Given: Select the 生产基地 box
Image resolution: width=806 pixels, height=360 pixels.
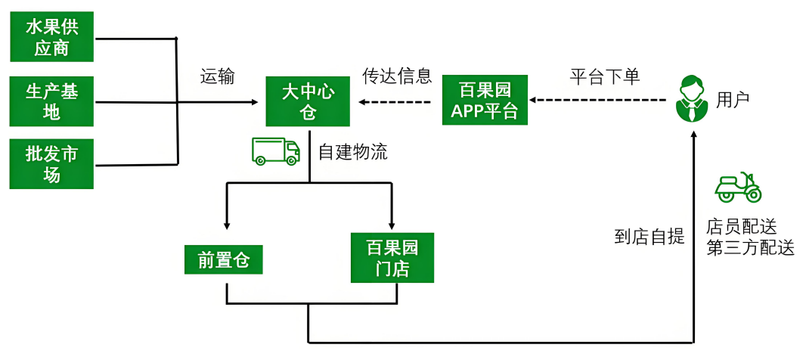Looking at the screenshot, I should tap(52, 102).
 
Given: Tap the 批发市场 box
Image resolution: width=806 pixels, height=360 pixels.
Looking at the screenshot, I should tap(52, 164).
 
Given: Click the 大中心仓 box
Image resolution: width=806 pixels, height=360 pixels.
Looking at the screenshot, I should tap(308, 101).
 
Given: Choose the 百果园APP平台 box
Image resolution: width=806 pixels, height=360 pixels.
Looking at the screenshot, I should tap(485, 100).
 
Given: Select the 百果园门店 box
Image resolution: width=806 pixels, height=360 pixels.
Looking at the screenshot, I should tap(392, 258).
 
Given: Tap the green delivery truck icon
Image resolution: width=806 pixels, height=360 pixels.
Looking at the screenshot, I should tap(275, 151).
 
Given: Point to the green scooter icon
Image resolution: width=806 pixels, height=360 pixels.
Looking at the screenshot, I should tap(738, 188).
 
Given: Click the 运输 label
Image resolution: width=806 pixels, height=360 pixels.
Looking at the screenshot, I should tap(217, 76).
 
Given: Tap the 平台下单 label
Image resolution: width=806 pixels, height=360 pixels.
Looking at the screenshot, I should tap(604, 76).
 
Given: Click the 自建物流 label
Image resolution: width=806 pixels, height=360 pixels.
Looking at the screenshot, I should tap(352, 152).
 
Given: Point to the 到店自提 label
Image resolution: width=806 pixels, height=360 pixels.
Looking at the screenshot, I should tap(649, 237).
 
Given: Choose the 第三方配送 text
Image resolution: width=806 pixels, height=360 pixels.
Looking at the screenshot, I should tap(750, 248).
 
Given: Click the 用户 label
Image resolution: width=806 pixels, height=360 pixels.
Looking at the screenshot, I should tap(733, 99).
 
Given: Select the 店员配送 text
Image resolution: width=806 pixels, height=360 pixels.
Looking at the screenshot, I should tap(741, 226).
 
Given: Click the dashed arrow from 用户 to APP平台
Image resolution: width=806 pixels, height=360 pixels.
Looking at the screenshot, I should tap(597, 100).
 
